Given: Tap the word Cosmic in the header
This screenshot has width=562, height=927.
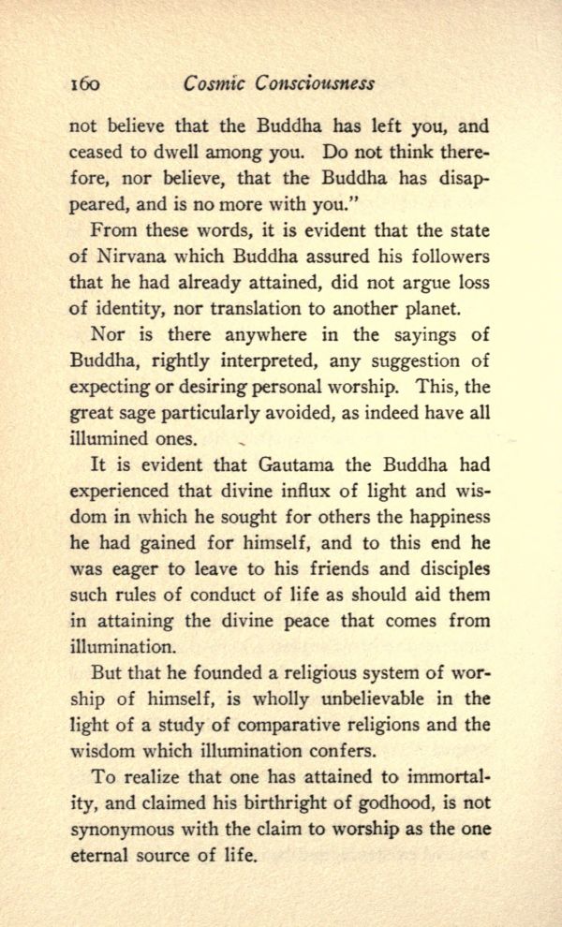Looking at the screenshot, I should [214, 82].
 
